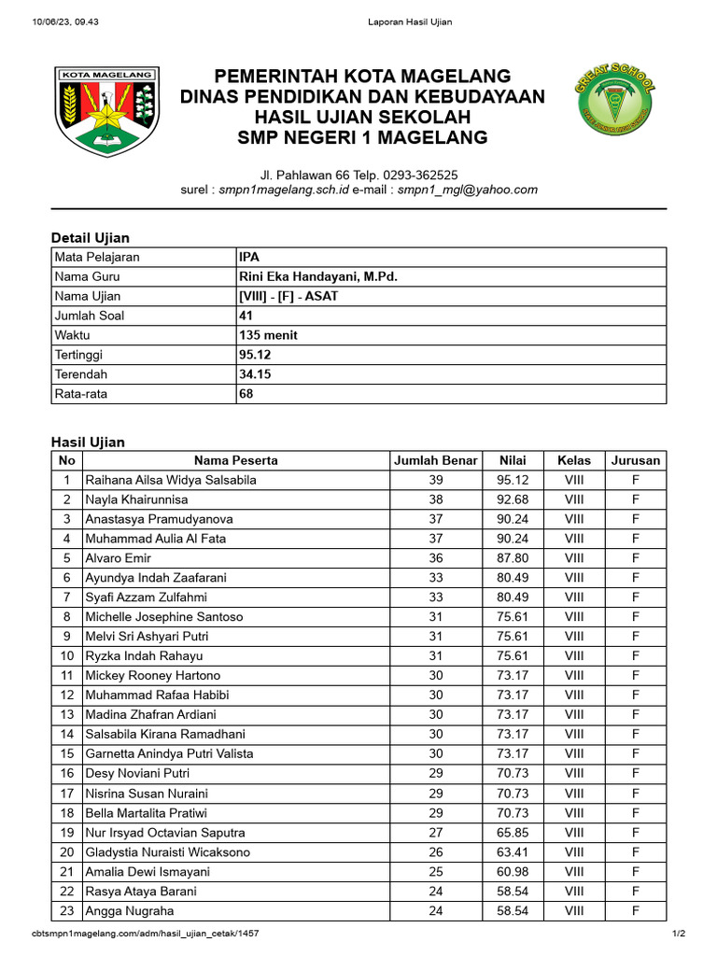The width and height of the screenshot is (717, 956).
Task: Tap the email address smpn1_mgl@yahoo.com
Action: coord(468,190)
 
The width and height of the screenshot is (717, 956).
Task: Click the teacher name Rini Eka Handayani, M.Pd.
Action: coord(312,276)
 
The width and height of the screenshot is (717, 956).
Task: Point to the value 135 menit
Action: coord(269,335)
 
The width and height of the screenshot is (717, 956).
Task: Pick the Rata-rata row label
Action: coord(81,394)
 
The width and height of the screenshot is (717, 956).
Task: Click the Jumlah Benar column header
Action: coord(435,460)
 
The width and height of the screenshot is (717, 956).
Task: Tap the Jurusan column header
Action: coord(635,460)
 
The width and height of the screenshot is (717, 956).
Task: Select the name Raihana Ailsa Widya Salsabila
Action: coord(171,480)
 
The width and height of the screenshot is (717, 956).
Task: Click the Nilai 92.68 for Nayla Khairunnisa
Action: coord(513,499)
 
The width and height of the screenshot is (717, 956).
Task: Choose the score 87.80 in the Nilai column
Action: coord(513,558)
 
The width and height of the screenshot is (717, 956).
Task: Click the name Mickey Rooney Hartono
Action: coord(153,675)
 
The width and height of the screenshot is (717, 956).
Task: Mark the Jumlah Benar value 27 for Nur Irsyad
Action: coord(435,832)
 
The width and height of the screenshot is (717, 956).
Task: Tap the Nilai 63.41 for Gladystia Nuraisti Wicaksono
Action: coord(513,851)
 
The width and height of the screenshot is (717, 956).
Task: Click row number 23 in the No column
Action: coord(66,910)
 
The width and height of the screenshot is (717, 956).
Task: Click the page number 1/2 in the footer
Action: coord(678,934)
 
